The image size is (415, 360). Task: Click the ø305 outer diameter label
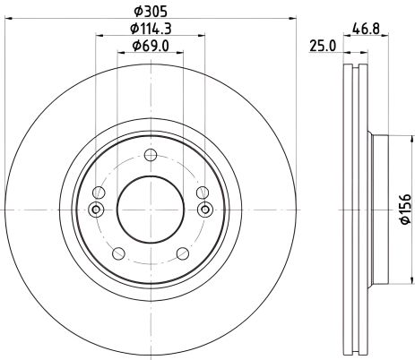(x=151, y=12)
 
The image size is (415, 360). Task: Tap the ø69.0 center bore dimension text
(x=151, y=46)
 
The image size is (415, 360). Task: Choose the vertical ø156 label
(x=404, y=207)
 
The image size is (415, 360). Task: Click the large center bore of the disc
(x=151, y=210)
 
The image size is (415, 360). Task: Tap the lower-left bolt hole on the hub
(x=118, y=253)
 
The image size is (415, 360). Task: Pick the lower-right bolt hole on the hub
(x=183, y=253)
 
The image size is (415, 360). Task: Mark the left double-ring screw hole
(x=97, y=210)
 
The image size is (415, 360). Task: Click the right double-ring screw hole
(x=204, y=210)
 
